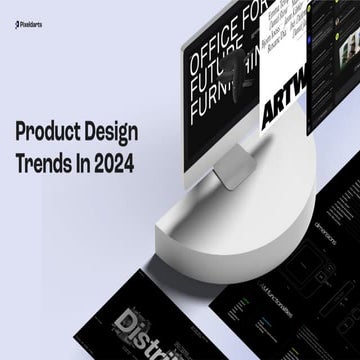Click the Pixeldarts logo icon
tap(8, 16)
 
